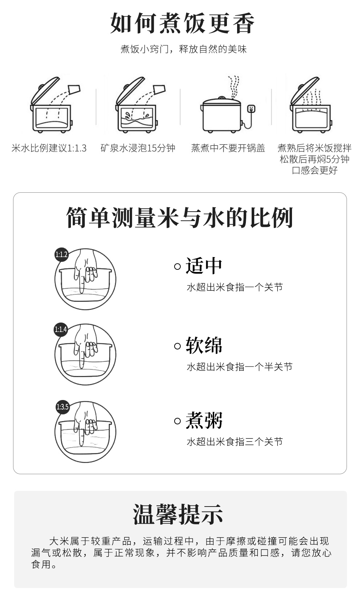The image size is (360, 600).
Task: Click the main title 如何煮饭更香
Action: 182,23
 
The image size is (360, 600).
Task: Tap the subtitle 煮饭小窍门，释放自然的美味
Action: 184,49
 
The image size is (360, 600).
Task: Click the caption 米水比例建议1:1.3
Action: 49,148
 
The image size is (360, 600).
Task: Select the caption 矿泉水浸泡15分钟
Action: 138,148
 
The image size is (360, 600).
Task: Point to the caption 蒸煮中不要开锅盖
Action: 228,148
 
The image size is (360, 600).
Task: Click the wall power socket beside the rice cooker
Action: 251,108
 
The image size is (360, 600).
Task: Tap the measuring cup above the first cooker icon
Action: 74,89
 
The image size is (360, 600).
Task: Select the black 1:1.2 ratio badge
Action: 61,255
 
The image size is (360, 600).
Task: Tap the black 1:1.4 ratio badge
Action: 61,329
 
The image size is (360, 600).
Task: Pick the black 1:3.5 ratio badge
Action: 63,407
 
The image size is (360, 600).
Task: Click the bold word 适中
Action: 204,266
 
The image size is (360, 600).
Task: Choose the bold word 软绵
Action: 204,345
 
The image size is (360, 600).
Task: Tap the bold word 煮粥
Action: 204,420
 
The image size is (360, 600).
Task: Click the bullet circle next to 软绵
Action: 177,346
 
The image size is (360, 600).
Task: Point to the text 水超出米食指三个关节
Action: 235,442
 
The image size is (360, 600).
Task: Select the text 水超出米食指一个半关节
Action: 240,367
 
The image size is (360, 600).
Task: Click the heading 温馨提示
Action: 178,514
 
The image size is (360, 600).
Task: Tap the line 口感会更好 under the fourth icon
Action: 315,170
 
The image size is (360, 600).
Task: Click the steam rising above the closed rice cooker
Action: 233,87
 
